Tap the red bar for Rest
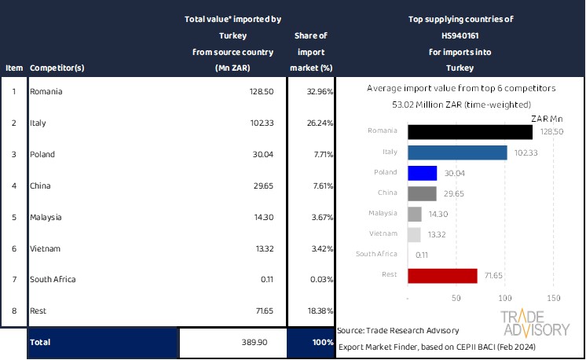443,276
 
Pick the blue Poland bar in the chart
423,174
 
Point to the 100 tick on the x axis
505,298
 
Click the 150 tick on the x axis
553,298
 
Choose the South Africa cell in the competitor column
53,279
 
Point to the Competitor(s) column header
57,68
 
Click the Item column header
13,68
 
